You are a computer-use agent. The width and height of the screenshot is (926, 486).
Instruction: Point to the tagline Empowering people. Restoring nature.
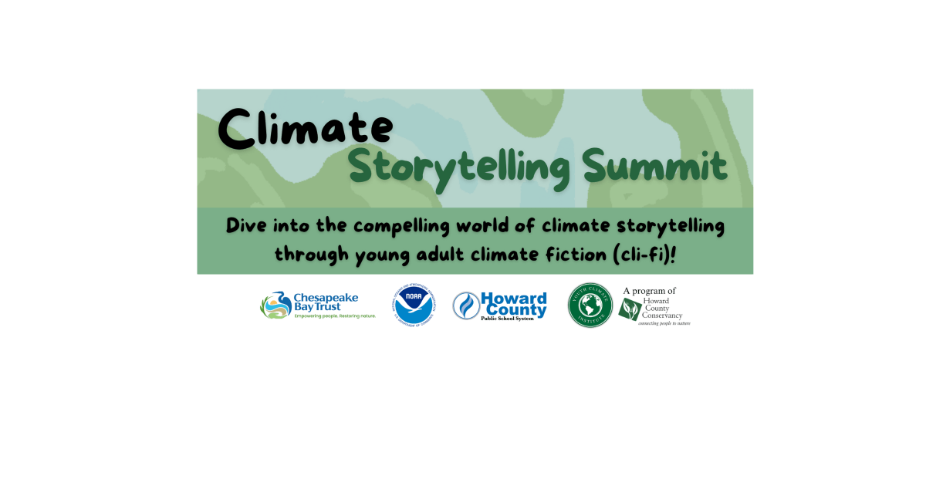point(335,316)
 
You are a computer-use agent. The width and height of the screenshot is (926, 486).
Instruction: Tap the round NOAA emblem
point(414,305)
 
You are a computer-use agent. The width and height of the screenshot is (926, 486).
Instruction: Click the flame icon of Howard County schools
point(465,305)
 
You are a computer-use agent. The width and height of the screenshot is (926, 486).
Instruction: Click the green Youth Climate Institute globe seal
point(590,305)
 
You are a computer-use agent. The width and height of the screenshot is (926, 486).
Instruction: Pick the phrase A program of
point(650,291)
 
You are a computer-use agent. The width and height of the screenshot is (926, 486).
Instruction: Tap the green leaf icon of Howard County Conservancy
point(630,309)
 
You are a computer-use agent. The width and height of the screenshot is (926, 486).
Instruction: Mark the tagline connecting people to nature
point(664,323)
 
